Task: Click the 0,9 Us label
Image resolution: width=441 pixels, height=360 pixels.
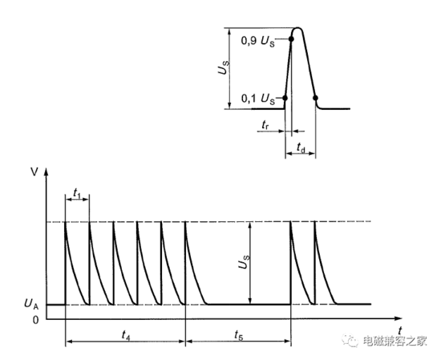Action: (x=258, y=41)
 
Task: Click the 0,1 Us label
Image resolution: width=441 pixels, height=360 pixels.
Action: (x=258, y=99)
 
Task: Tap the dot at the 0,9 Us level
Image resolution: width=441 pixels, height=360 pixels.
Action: (x=291, y=39)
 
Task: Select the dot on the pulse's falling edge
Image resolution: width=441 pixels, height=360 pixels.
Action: (x=316, y=98)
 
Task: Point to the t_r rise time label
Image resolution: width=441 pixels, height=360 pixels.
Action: (x=265, y=124)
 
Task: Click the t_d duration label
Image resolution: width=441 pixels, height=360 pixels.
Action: (x=301, y=147)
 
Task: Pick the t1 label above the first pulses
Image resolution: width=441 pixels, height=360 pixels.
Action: (x=77, y=193)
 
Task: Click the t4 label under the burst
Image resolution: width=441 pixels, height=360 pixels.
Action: (x=126, y=335)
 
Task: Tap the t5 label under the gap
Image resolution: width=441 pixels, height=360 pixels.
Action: (x=238, y=335)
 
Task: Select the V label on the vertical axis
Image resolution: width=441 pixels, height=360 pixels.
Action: (x=34, y=172)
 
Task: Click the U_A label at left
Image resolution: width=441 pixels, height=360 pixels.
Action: (x=31, y=304)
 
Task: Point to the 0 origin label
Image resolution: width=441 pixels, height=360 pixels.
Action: (x=35, y=320)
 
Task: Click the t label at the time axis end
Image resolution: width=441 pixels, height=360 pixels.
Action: (x=400, y=330)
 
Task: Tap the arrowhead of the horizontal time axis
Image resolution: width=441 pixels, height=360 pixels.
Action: (x=399, y=318)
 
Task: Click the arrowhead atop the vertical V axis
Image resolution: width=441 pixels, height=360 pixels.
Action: (x=47, y=172)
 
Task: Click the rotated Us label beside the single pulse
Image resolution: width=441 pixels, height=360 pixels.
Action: (x=224, y=67)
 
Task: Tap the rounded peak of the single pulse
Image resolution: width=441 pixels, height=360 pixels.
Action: (x=297, y=28)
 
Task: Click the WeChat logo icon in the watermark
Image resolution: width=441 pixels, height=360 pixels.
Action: (x=350, y=341)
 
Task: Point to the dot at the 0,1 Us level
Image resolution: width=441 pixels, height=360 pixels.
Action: (x=285, y=98)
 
